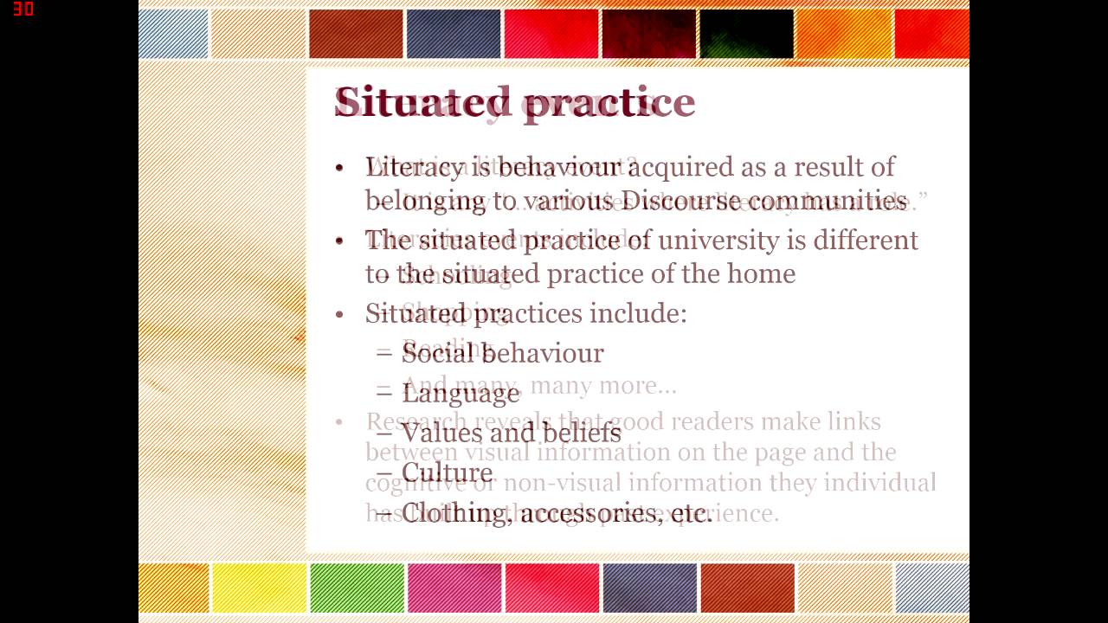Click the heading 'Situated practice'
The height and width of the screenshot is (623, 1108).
514,103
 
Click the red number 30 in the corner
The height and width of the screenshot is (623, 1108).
23,10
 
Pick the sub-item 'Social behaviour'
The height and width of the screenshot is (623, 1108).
502,353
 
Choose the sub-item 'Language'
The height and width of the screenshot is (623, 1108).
461,393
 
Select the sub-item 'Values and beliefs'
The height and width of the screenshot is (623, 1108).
511,433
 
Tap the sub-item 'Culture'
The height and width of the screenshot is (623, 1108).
447,472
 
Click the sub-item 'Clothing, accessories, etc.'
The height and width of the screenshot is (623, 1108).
557,513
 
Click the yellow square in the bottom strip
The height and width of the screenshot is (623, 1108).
259,588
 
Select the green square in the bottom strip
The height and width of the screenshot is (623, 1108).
357,588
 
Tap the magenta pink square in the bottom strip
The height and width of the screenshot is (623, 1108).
454,588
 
